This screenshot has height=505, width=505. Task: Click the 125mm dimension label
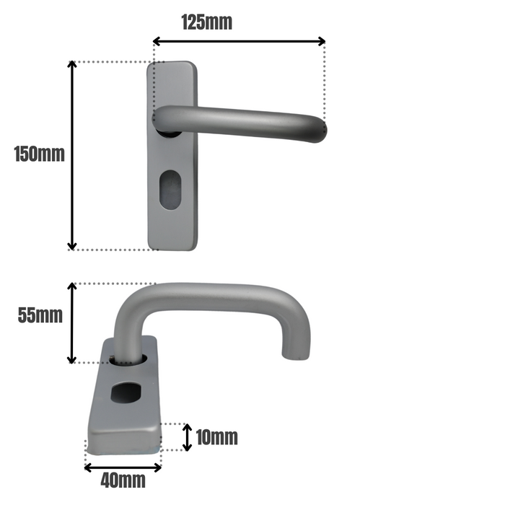[206, 22]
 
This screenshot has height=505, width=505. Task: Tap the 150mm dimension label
[39, 154]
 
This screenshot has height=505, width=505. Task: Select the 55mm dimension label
[40, 315]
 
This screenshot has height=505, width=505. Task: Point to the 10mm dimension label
[216, 437]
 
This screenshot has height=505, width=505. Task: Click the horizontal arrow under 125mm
[239, 42]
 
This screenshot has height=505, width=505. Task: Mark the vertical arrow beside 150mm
[71, 155]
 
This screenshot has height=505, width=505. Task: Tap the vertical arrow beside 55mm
[71, 322]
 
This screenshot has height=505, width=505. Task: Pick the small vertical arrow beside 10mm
[188, 437]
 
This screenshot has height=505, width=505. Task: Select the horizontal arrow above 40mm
[123, 467]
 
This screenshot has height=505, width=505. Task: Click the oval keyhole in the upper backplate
[171, 190]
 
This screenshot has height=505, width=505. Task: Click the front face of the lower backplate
[123, 441]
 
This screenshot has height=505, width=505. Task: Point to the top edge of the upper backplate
[172, 63]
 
